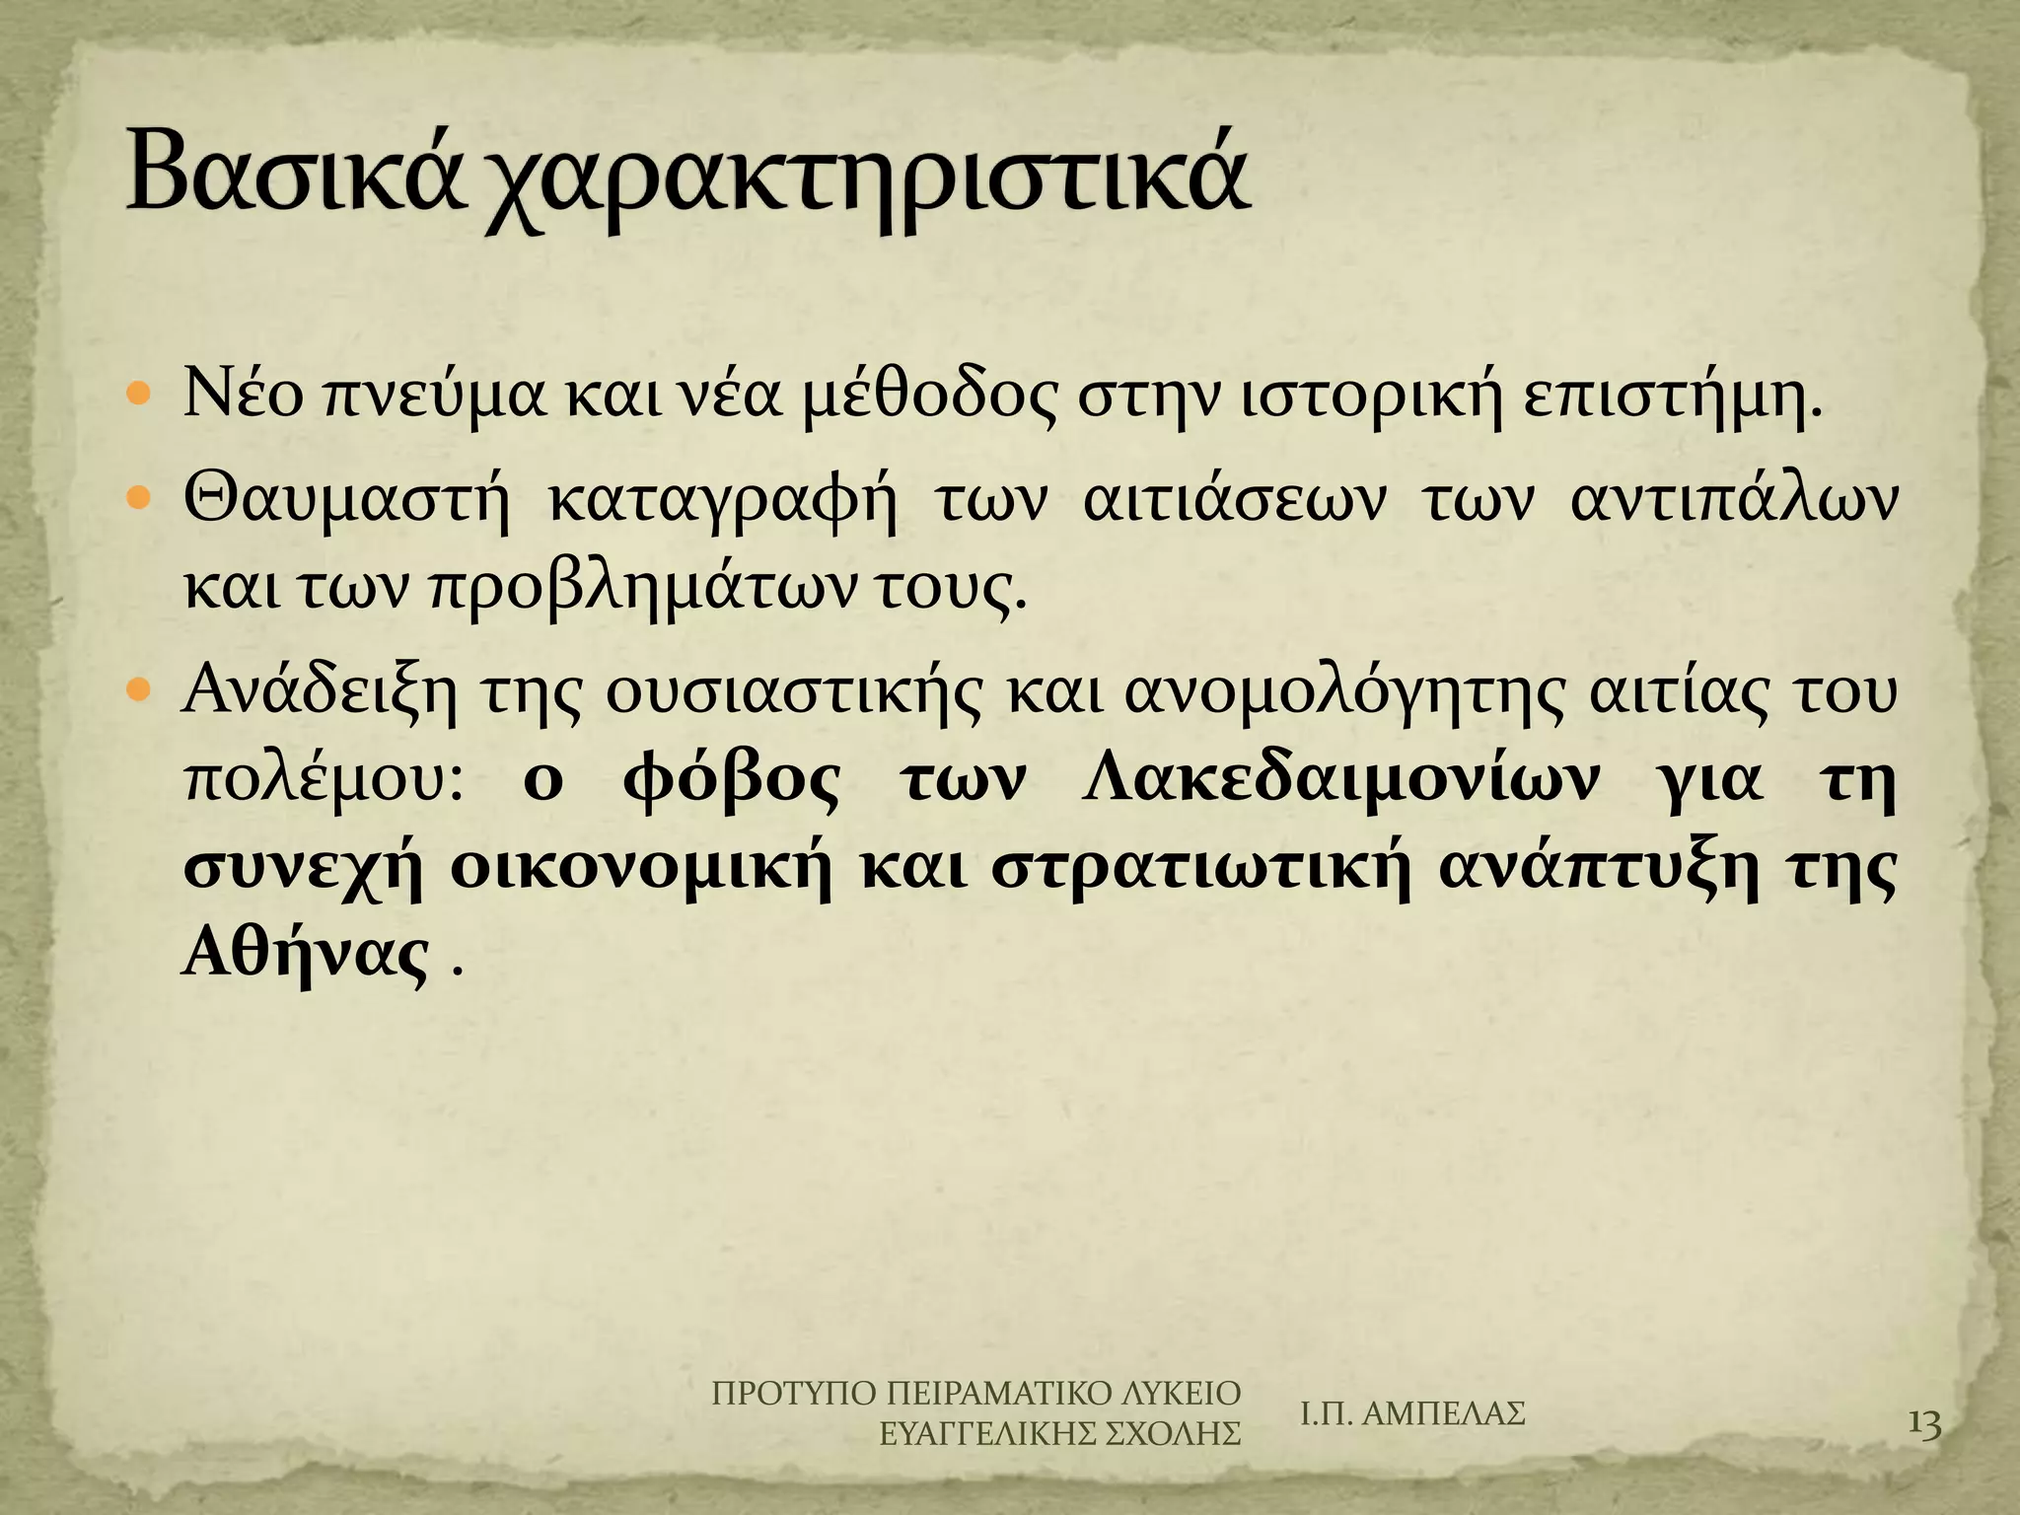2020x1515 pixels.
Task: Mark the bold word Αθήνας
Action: point(306,954)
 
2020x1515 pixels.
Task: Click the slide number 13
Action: point(1924,1453)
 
